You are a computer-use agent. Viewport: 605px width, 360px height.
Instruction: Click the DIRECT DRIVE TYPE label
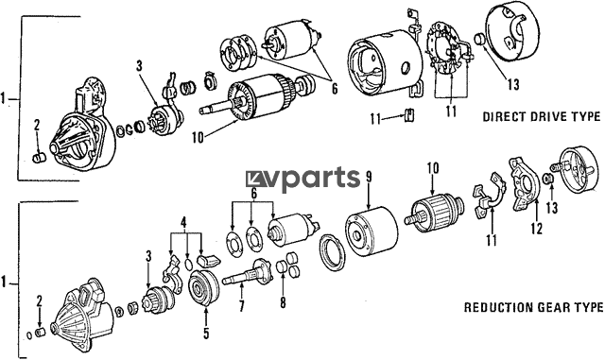(542, 116)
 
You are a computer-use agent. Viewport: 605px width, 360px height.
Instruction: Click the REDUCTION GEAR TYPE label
(533, 307)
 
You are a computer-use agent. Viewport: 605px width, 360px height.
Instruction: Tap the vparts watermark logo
(302, 179)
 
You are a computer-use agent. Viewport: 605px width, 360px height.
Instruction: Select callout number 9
(369, 178)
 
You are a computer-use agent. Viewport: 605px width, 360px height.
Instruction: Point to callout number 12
(537, 228)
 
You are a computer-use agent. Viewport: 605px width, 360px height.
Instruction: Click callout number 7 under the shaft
(242, 305)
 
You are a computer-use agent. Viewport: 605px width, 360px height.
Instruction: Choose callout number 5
(206, 333)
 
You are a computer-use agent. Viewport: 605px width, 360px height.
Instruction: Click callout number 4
(184, 223)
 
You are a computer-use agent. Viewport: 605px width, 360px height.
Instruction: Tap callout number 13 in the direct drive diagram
(513, 84)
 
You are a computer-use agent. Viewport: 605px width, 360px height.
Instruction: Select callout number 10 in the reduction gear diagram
(433, 168)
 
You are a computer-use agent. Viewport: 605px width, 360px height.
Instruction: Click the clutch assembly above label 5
(203, 288)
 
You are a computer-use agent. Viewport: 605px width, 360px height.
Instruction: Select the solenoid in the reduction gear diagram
(294, 230)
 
